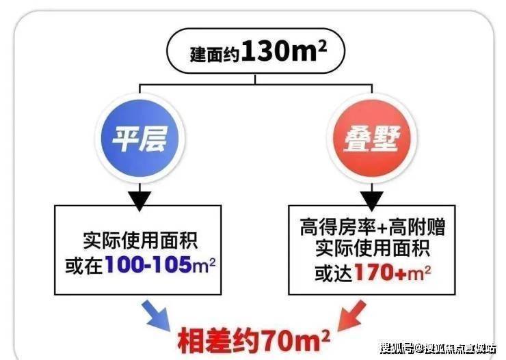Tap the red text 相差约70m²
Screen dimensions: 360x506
coord(254,337)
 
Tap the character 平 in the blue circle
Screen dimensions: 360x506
coord(125,137)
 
